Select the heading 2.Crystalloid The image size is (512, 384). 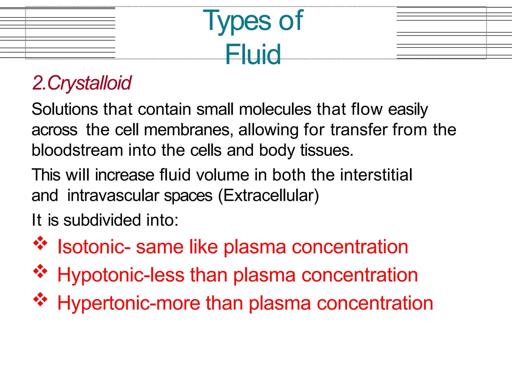coord(82,83)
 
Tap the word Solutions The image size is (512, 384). coord(65,109)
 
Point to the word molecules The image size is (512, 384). coord(275,109)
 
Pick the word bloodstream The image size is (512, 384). coord(77,150)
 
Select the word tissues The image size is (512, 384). coord(327,150)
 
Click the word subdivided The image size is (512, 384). coord(102,220)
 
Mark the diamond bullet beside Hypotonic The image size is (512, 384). coord(40,271)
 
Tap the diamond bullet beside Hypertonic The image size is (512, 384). coord(40,299)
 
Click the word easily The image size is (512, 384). coord(408,109)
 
